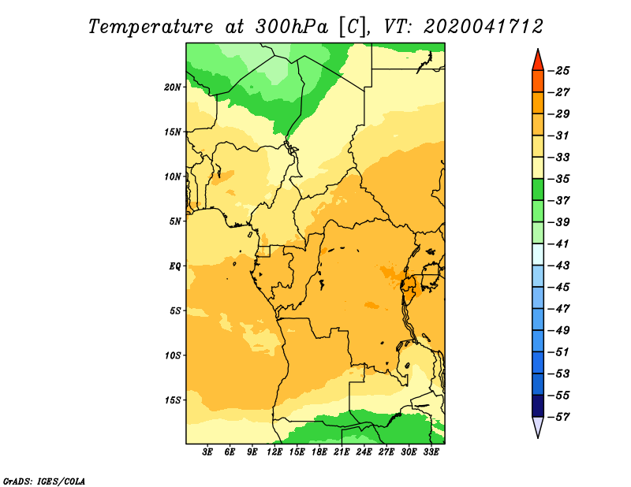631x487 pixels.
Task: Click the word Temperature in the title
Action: coord(151,27)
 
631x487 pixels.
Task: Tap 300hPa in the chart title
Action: coord(291,27)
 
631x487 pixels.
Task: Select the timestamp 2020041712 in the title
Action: coord(484,27)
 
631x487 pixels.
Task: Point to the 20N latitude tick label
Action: coord(172,87)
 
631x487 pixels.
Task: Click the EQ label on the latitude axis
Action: coord(174,266)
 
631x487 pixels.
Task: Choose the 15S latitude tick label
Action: coord(173,400)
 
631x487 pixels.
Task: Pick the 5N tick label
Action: coord(175,221)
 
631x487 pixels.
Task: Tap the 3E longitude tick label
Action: coord(207,452)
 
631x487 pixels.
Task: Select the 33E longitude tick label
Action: coord(431,452)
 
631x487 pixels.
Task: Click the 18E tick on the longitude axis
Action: coord(319,452)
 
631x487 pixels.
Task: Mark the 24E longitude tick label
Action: coord(364,452)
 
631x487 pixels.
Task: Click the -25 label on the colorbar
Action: coord(559,71)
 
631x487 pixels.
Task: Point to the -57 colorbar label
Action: coord(559,417)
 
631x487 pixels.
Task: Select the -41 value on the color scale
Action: coord(559,243)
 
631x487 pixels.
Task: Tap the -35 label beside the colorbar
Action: coord(559,179)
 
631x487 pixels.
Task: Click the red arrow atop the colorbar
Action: coord(538,61)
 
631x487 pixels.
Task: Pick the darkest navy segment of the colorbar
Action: coord(538,406)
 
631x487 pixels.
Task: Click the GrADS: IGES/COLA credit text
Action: coord(44,481)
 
